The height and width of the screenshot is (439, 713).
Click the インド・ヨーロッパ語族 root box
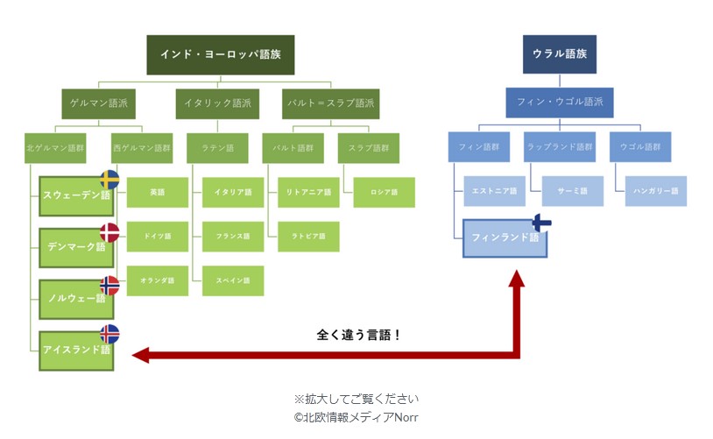coord(220,54)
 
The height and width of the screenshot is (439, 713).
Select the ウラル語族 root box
coord(559,54)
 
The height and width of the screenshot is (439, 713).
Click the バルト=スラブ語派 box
coord(331,103)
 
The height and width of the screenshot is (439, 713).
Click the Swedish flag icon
coord(109,181)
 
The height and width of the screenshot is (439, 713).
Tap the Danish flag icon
coord(109,232)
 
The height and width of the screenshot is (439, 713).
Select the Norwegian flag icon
coord(109,285)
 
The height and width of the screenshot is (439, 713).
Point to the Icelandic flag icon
coord(109,334)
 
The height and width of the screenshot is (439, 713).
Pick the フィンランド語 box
coord(505,238)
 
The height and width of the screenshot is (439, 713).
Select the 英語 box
coord(158,192)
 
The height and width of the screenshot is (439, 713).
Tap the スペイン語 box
coord(233,280)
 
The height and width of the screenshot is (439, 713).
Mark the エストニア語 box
coord(495,191)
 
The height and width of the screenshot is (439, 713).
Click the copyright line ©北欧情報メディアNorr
coord(356,417)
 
